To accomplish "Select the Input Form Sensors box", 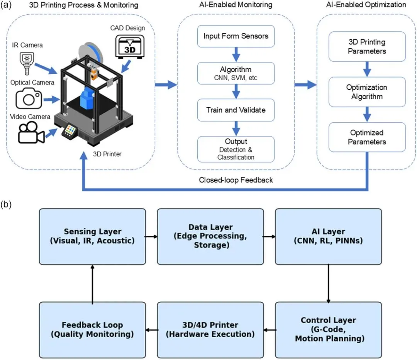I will click(236, 37).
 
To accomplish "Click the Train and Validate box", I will click(236, 110).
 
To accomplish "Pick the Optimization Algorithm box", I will click(367, 92).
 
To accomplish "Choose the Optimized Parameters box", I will click(367, 137).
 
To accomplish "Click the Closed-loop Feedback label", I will click(236, 180).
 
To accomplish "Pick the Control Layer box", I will click(328, 330).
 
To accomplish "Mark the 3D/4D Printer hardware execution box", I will click(210, 330).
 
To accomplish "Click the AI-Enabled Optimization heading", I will click(366, 5).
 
